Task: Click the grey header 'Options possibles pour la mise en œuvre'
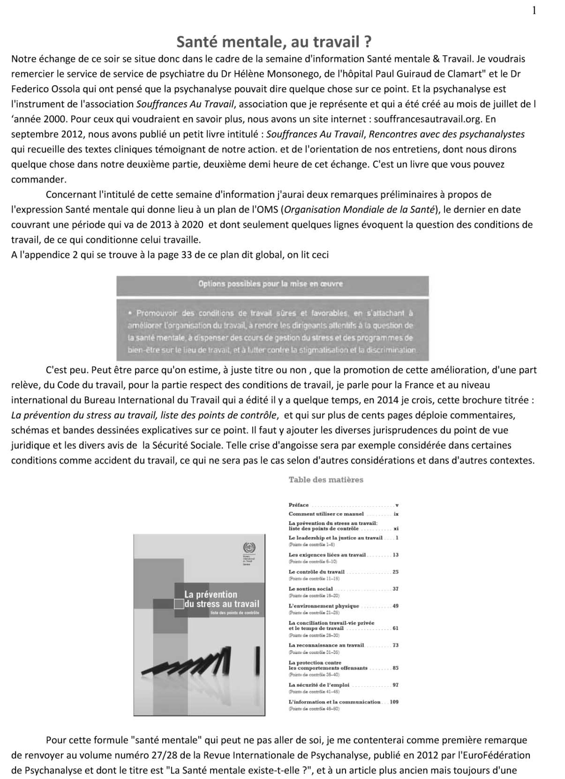point(270,284)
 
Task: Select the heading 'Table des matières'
point(326,480)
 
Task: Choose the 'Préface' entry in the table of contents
point(298,505)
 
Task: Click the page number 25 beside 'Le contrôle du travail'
point(395,572)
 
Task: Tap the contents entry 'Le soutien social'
point(310,589)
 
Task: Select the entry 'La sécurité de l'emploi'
point(319,685)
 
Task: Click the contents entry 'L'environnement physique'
point(324,606)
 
